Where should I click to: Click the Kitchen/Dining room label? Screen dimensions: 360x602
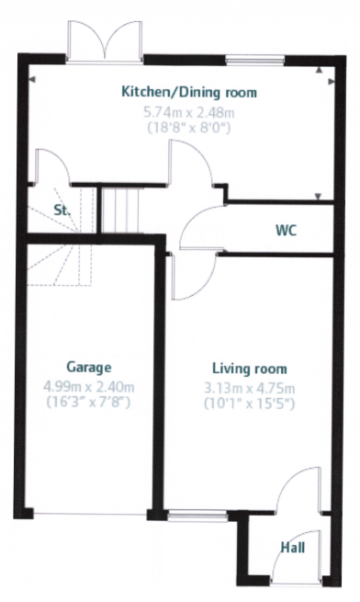189,92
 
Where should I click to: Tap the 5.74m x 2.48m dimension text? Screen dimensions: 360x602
189,113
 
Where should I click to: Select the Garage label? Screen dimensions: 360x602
89,368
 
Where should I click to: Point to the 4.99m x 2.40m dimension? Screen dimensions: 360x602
89,387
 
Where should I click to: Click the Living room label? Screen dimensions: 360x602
250,369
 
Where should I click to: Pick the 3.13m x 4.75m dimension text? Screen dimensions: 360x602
250,389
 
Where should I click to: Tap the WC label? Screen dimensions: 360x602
286,231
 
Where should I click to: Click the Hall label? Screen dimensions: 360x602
293,547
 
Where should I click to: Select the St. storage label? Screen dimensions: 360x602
62,210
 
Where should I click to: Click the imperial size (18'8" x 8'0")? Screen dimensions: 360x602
189,127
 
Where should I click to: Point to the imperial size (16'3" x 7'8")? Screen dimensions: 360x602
89,403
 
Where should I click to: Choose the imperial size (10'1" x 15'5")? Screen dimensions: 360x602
250,403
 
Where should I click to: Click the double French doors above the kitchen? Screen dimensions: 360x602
105,41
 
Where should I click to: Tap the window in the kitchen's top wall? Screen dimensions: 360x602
254,59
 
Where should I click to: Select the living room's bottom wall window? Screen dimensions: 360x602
197,516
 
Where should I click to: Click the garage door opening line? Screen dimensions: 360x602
90,515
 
